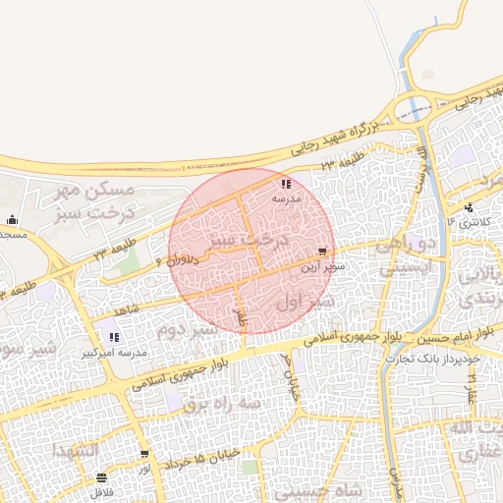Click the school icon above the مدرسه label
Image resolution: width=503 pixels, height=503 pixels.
tap(285, 184)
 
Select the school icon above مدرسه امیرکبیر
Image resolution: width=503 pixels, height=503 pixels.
tap(114, 337)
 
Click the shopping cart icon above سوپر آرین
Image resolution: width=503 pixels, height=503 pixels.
tap(324, 252)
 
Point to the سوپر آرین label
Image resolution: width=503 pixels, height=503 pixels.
tap(323, 266)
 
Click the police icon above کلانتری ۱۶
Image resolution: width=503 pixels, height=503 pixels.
tap(470, 207)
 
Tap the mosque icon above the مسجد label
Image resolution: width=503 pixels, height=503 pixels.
tap(11, 219)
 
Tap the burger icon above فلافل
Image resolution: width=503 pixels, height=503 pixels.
tap(102, 478)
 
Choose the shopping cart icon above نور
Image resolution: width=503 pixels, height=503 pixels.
tap(144, 455)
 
